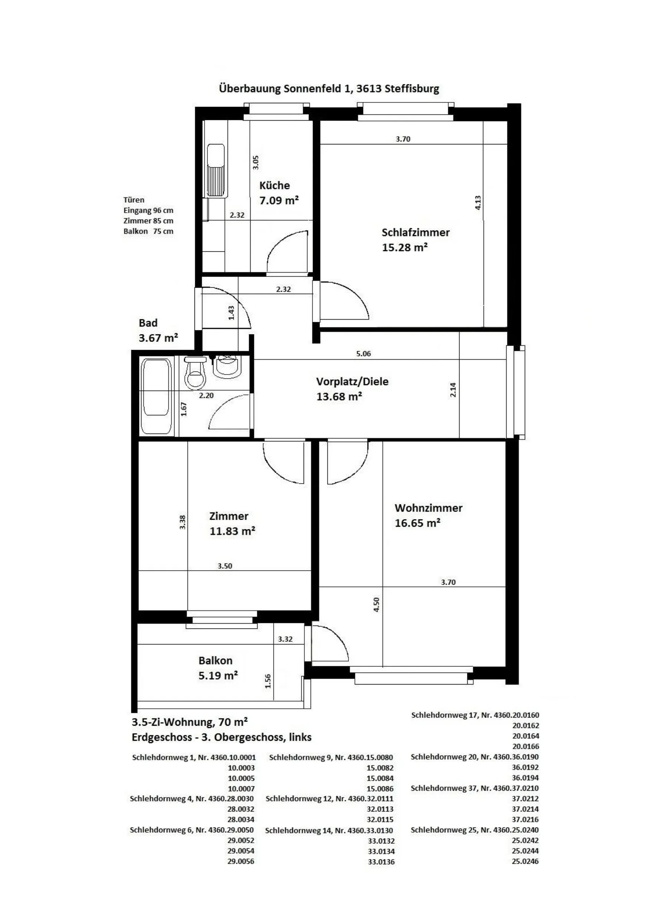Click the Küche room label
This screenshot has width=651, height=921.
coord(274,185)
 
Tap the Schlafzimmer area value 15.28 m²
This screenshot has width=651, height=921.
coord(405,247)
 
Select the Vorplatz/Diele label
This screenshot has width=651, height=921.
coord(352,381)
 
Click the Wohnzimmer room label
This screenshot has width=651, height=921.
coord(428,508)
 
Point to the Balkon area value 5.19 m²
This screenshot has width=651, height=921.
coord(218,676)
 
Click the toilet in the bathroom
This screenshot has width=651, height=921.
coord(195,373)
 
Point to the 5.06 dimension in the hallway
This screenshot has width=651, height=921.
coord(363,353)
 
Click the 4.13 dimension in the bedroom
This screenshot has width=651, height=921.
coord(478,203)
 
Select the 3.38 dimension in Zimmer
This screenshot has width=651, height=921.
coord(183,522)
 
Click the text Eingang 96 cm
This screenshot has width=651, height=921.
coord(148,210)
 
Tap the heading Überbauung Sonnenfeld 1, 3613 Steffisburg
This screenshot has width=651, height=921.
coord(329,88)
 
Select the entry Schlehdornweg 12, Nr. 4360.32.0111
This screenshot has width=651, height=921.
coord(329,798)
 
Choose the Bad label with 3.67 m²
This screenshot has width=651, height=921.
coord(158,330)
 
